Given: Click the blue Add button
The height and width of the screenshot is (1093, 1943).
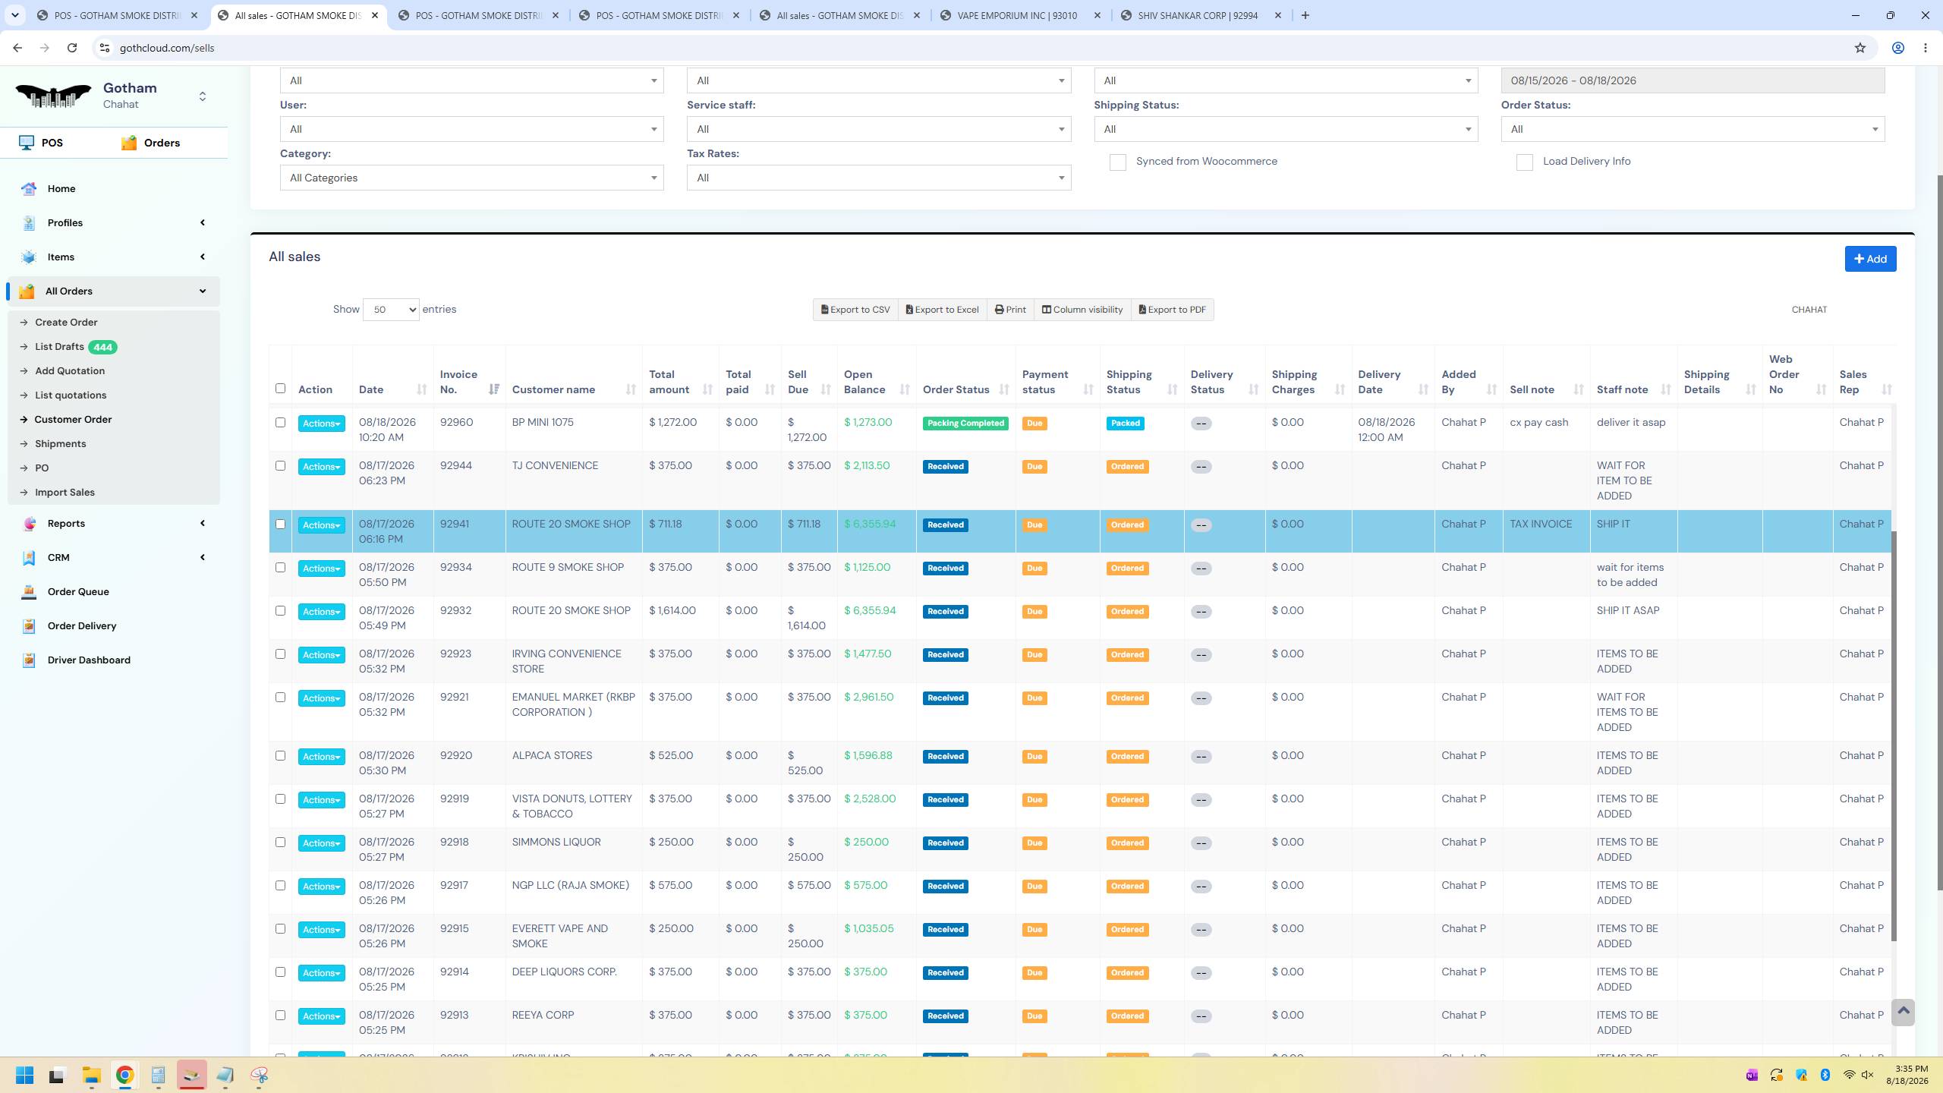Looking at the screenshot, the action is click(1870, 259).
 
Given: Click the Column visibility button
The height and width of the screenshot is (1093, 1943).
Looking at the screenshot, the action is click(1082, 310).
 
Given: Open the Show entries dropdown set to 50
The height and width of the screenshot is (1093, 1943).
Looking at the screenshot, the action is click(391, 310).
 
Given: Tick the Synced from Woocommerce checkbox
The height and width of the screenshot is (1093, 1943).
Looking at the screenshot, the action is click(1117, 162).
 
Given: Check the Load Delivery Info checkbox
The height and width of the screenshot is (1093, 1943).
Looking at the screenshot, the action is click(1524, 162).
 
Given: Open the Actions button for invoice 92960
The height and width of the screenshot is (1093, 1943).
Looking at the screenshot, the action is click(321, 424).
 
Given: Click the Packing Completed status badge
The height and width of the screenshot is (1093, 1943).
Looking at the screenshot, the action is click(965, 424).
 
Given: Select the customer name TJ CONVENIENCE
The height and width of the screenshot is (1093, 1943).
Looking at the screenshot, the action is click(555, 466).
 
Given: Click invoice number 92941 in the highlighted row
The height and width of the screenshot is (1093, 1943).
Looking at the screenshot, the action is click(455, 524).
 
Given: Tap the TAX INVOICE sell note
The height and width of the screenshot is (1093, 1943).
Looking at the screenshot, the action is click(1541, 524).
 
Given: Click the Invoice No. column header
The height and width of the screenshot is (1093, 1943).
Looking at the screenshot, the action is click(458, 382).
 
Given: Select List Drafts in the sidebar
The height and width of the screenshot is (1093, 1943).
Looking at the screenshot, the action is click(59, 347).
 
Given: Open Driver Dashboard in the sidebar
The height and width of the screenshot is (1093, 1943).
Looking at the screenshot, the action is click(89, 660).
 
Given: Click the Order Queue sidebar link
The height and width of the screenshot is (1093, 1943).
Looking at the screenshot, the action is click(78, 592).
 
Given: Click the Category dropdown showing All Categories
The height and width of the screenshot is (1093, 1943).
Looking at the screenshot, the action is click(471, 178).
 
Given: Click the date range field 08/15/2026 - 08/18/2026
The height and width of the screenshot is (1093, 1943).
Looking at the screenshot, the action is click(1693, 80).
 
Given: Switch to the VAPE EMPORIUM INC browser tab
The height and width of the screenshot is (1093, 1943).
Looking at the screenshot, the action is click(1017, 15).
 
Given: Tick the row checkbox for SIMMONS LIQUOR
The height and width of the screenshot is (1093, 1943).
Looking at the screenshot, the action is click(280, 843).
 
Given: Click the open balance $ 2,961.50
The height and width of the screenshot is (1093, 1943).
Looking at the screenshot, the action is click(869, 698).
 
